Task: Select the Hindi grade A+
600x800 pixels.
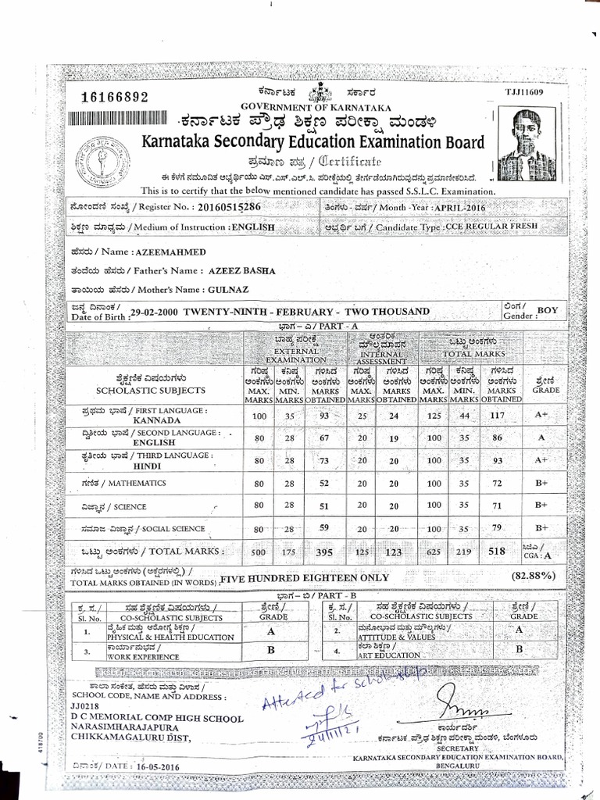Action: tap(541, 461)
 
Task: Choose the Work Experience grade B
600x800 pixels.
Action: tap(270, 648)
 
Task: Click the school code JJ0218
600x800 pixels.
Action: tap(86, 706)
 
